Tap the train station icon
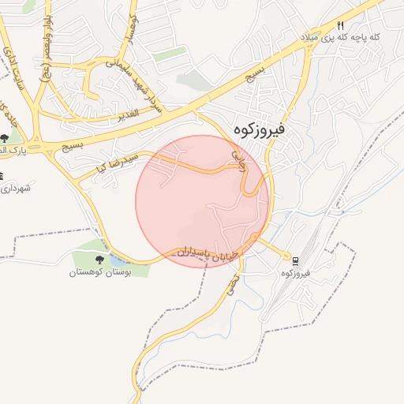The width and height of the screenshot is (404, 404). (x=296, y=260)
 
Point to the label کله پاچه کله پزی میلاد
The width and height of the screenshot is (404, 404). (x=339, y=38)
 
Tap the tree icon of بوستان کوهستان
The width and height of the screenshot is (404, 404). (x=99, y=260)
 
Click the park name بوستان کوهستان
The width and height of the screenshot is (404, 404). (x=99, y=273)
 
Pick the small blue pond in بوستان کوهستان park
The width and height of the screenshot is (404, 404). (x=118, y=258)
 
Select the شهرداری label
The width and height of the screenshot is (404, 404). (x=17, y=188)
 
